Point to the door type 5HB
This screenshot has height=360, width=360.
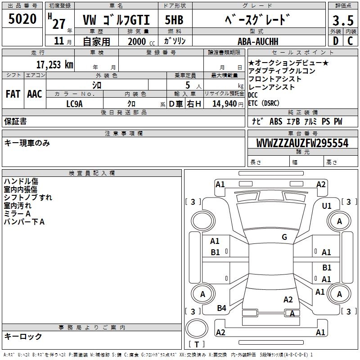point(175,20)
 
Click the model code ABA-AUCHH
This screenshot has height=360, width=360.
point(258,41)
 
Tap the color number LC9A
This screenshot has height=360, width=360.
point(74,104)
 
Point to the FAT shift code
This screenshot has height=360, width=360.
point(13,94)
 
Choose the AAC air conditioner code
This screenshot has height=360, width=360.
point(35,94)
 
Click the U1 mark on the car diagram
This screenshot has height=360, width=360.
point(327,206)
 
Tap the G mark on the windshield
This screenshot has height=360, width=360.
point(284,237)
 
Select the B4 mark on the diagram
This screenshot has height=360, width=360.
point(221,308)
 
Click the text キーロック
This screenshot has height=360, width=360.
point(23,336)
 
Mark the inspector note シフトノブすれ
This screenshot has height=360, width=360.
point(28,198)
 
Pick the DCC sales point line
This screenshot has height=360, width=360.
point(254,95)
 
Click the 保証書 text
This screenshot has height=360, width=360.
point(15,121)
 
